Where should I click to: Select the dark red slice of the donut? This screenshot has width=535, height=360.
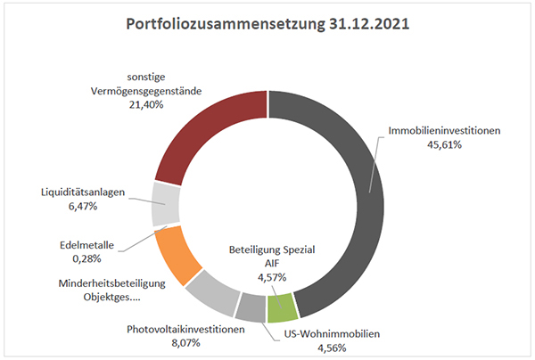[205, 129]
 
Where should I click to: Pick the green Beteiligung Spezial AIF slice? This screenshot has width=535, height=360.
[282, 307]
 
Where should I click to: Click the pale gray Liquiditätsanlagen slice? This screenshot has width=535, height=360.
[166, 204]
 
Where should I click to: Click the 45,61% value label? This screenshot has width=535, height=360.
[444, 145]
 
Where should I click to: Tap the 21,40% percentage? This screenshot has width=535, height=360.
[146, 104]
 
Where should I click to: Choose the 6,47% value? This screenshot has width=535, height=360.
[83, 206]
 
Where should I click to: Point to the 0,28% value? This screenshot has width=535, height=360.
[86, 258]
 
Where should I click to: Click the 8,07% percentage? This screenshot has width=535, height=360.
[185, 342]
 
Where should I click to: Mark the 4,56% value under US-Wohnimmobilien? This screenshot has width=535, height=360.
[332, 348]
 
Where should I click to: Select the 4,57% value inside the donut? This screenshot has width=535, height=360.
[272, 277]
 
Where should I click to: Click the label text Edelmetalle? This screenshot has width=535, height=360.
[86, 245]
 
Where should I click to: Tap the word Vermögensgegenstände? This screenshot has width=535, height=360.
[146, 92]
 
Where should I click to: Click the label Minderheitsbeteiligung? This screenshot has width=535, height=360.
[112, 283]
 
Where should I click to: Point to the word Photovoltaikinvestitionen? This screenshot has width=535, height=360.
[185, 330]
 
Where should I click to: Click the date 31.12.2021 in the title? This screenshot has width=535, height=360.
[369, 24]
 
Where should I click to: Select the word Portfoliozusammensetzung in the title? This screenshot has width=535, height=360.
[226, 25]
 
